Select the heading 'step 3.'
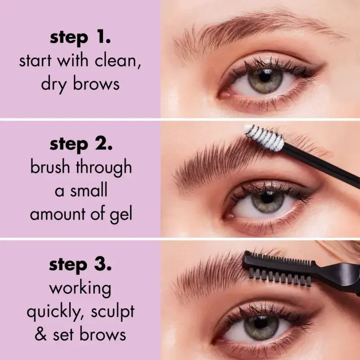(81, 265)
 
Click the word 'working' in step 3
(81, 288)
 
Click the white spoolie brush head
(264, 137)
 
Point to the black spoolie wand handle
(324, 164)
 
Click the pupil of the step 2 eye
(268, 200)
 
